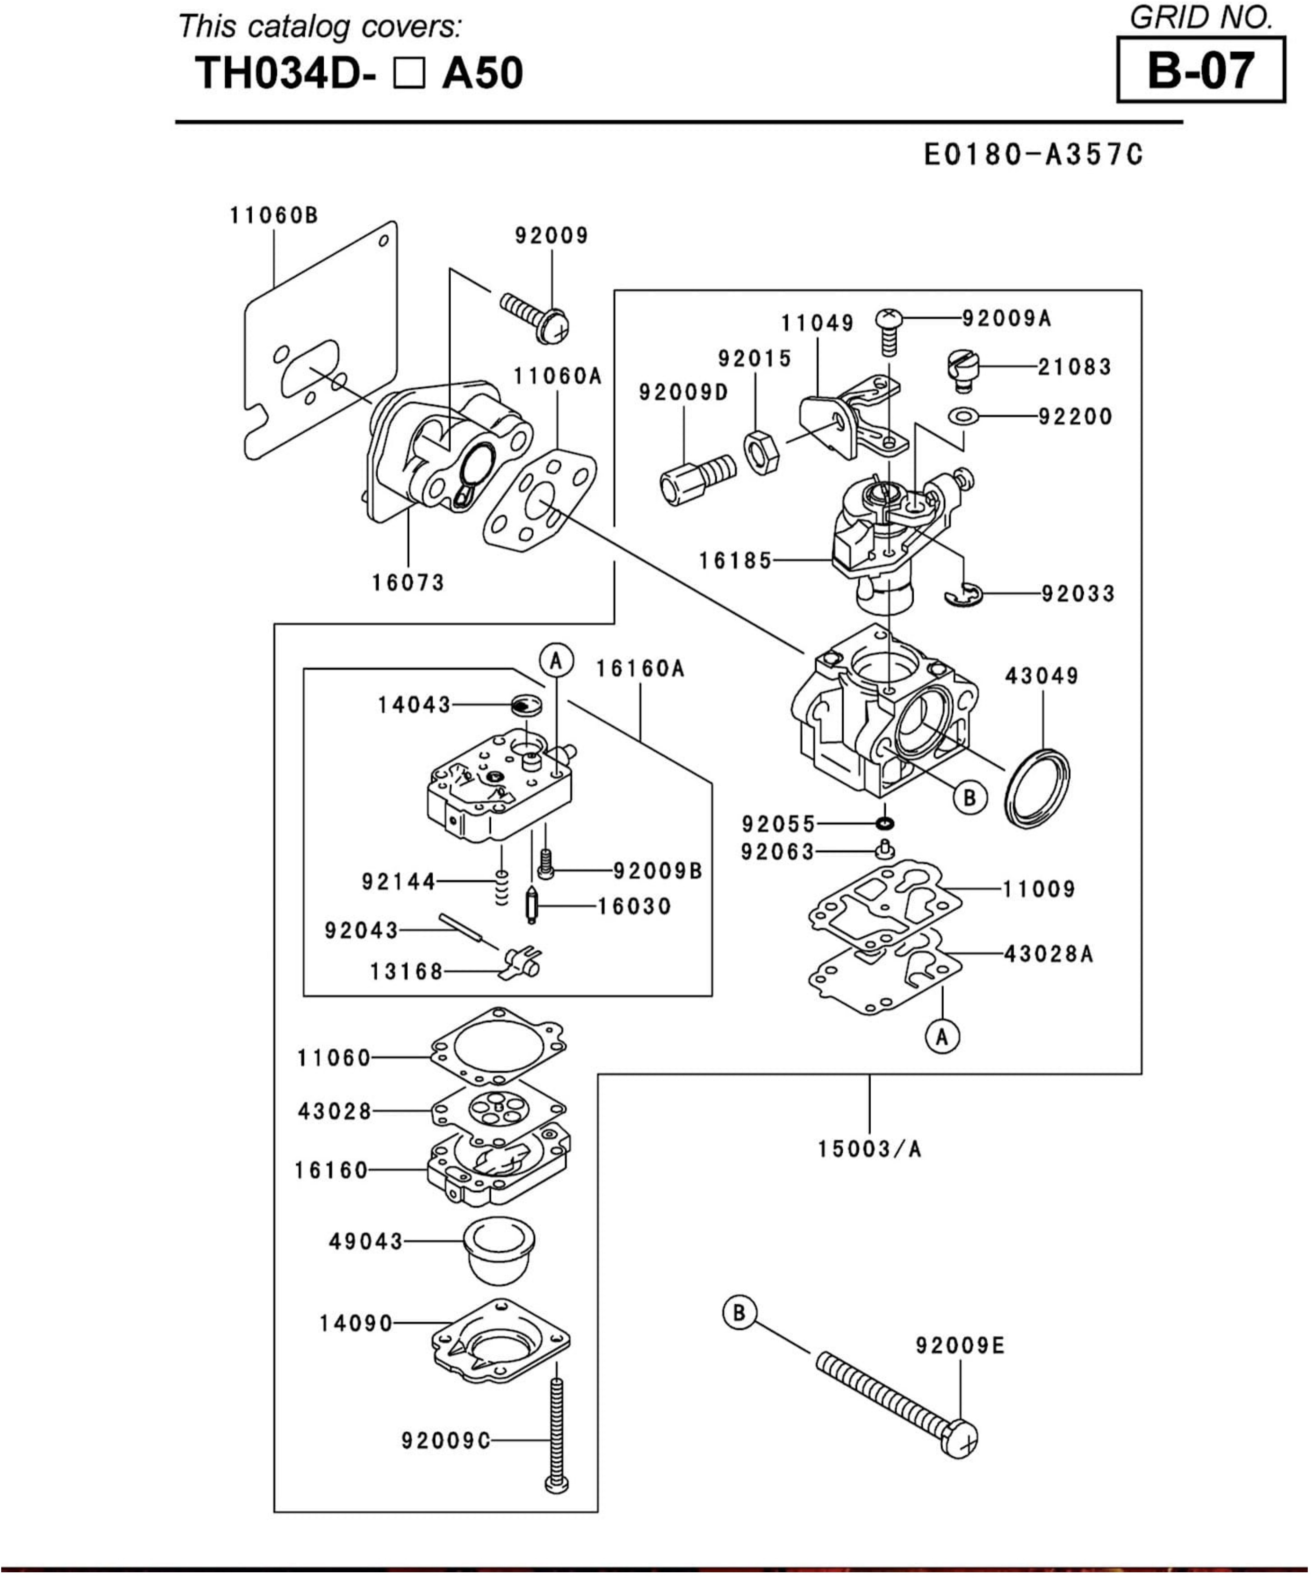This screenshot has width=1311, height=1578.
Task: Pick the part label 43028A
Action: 1048,954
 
